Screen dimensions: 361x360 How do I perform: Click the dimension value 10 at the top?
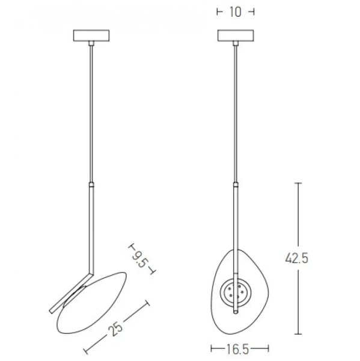tap(235, 12)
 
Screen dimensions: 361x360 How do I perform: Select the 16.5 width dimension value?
tap(238, 348)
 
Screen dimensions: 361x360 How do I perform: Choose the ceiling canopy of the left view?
tap(91, 35)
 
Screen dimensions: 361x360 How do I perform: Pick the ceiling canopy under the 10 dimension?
tap(235, 35)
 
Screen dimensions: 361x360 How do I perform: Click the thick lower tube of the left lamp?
tap(91, 223)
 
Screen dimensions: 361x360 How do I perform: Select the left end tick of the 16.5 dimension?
tap(212, 348)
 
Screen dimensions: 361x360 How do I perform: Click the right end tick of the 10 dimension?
tap(252, 12)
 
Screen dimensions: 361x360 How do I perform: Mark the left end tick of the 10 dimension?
tap(218, 12)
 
